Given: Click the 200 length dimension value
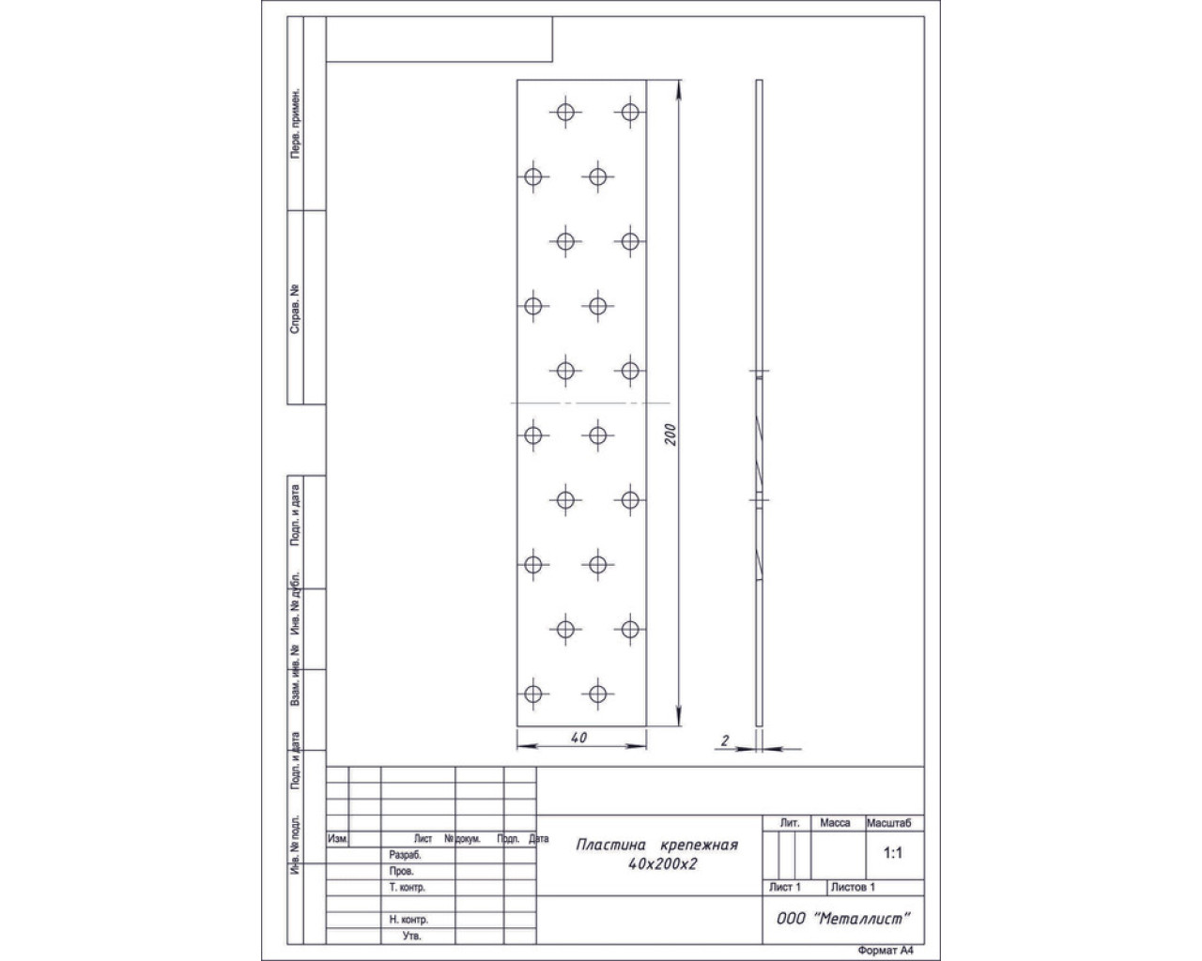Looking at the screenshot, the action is (x=670, y=435).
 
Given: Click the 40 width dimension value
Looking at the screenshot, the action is (x=579, y=738).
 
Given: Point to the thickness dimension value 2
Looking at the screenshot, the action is (x=725, y=740).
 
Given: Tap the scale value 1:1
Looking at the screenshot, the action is (x=892, y=853).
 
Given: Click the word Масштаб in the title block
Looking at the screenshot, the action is (x=888, y=822).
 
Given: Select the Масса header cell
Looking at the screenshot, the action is (x=835, y=822).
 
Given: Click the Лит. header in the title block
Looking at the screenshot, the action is (x=790, y=822).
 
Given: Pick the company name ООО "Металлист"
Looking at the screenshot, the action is (x=843, y=919).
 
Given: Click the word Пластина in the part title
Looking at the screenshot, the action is (x=610, y=845).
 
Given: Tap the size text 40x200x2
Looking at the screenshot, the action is (x=662, y=864).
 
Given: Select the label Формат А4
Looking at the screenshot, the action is (x=886, y=950).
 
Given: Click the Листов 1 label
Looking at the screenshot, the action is (x=853, y=887).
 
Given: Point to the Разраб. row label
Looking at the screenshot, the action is (x=405, y=855).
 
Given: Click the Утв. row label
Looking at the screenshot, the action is (x=411, y=936).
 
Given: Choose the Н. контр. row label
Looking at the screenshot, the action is (x=408, y=919).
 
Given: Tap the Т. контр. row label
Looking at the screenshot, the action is (x=408, y=887).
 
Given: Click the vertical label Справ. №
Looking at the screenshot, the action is (x=295, y=309).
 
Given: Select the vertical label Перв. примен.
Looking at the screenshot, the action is (x=295, y=123).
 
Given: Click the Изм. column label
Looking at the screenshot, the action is (x=338, y=839).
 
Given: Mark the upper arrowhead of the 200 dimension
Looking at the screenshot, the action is (x=679, y=89).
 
